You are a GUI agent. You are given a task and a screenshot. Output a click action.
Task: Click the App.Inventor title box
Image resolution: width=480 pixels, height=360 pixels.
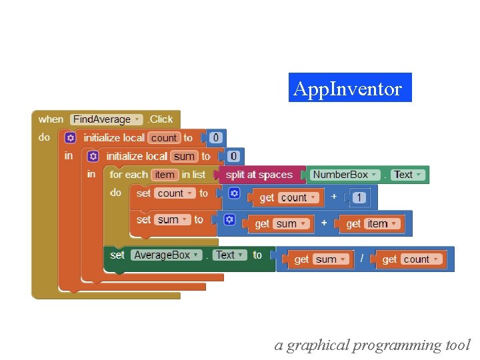[350, 88]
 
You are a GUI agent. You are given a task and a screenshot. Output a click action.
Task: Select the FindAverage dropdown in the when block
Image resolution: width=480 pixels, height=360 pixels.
[106, 119]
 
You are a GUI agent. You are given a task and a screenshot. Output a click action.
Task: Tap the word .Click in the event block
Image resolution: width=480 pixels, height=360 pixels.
[159, 119]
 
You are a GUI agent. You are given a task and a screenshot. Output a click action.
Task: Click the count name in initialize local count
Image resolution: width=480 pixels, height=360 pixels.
[163, 138]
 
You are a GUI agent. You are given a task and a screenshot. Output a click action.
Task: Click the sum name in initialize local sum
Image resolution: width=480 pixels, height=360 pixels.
[184, 156]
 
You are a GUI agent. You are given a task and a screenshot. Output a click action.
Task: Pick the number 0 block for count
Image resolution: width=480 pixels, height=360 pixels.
[215, 138]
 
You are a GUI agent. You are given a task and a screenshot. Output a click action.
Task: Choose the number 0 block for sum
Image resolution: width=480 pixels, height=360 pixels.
[233, 156]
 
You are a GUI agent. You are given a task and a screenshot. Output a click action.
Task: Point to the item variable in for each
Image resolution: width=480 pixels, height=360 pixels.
[164, 175]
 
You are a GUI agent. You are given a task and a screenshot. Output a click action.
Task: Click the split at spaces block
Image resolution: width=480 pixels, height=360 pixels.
[259, 175]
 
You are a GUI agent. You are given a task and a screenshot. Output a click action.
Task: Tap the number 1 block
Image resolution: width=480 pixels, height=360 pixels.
[359, 197]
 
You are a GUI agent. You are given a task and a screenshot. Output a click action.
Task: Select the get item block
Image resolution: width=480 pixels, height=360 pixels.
[374, 224]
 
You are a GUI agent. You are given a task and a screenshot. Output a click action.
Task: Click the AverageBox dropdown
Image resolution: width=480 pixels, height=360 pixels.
[166, 255]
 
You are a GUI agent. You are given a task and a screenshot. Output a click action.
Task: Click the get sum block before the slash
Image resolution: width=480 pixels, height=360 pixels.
[321, 259]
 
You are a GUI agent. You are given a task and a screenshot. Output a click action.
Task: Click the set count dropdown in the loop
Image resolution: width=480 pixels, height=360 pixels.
[175, 193]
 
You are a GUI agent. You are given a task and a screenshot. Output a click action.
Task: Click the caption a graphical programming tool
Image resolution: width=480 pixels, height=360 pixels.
[372, 345]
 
